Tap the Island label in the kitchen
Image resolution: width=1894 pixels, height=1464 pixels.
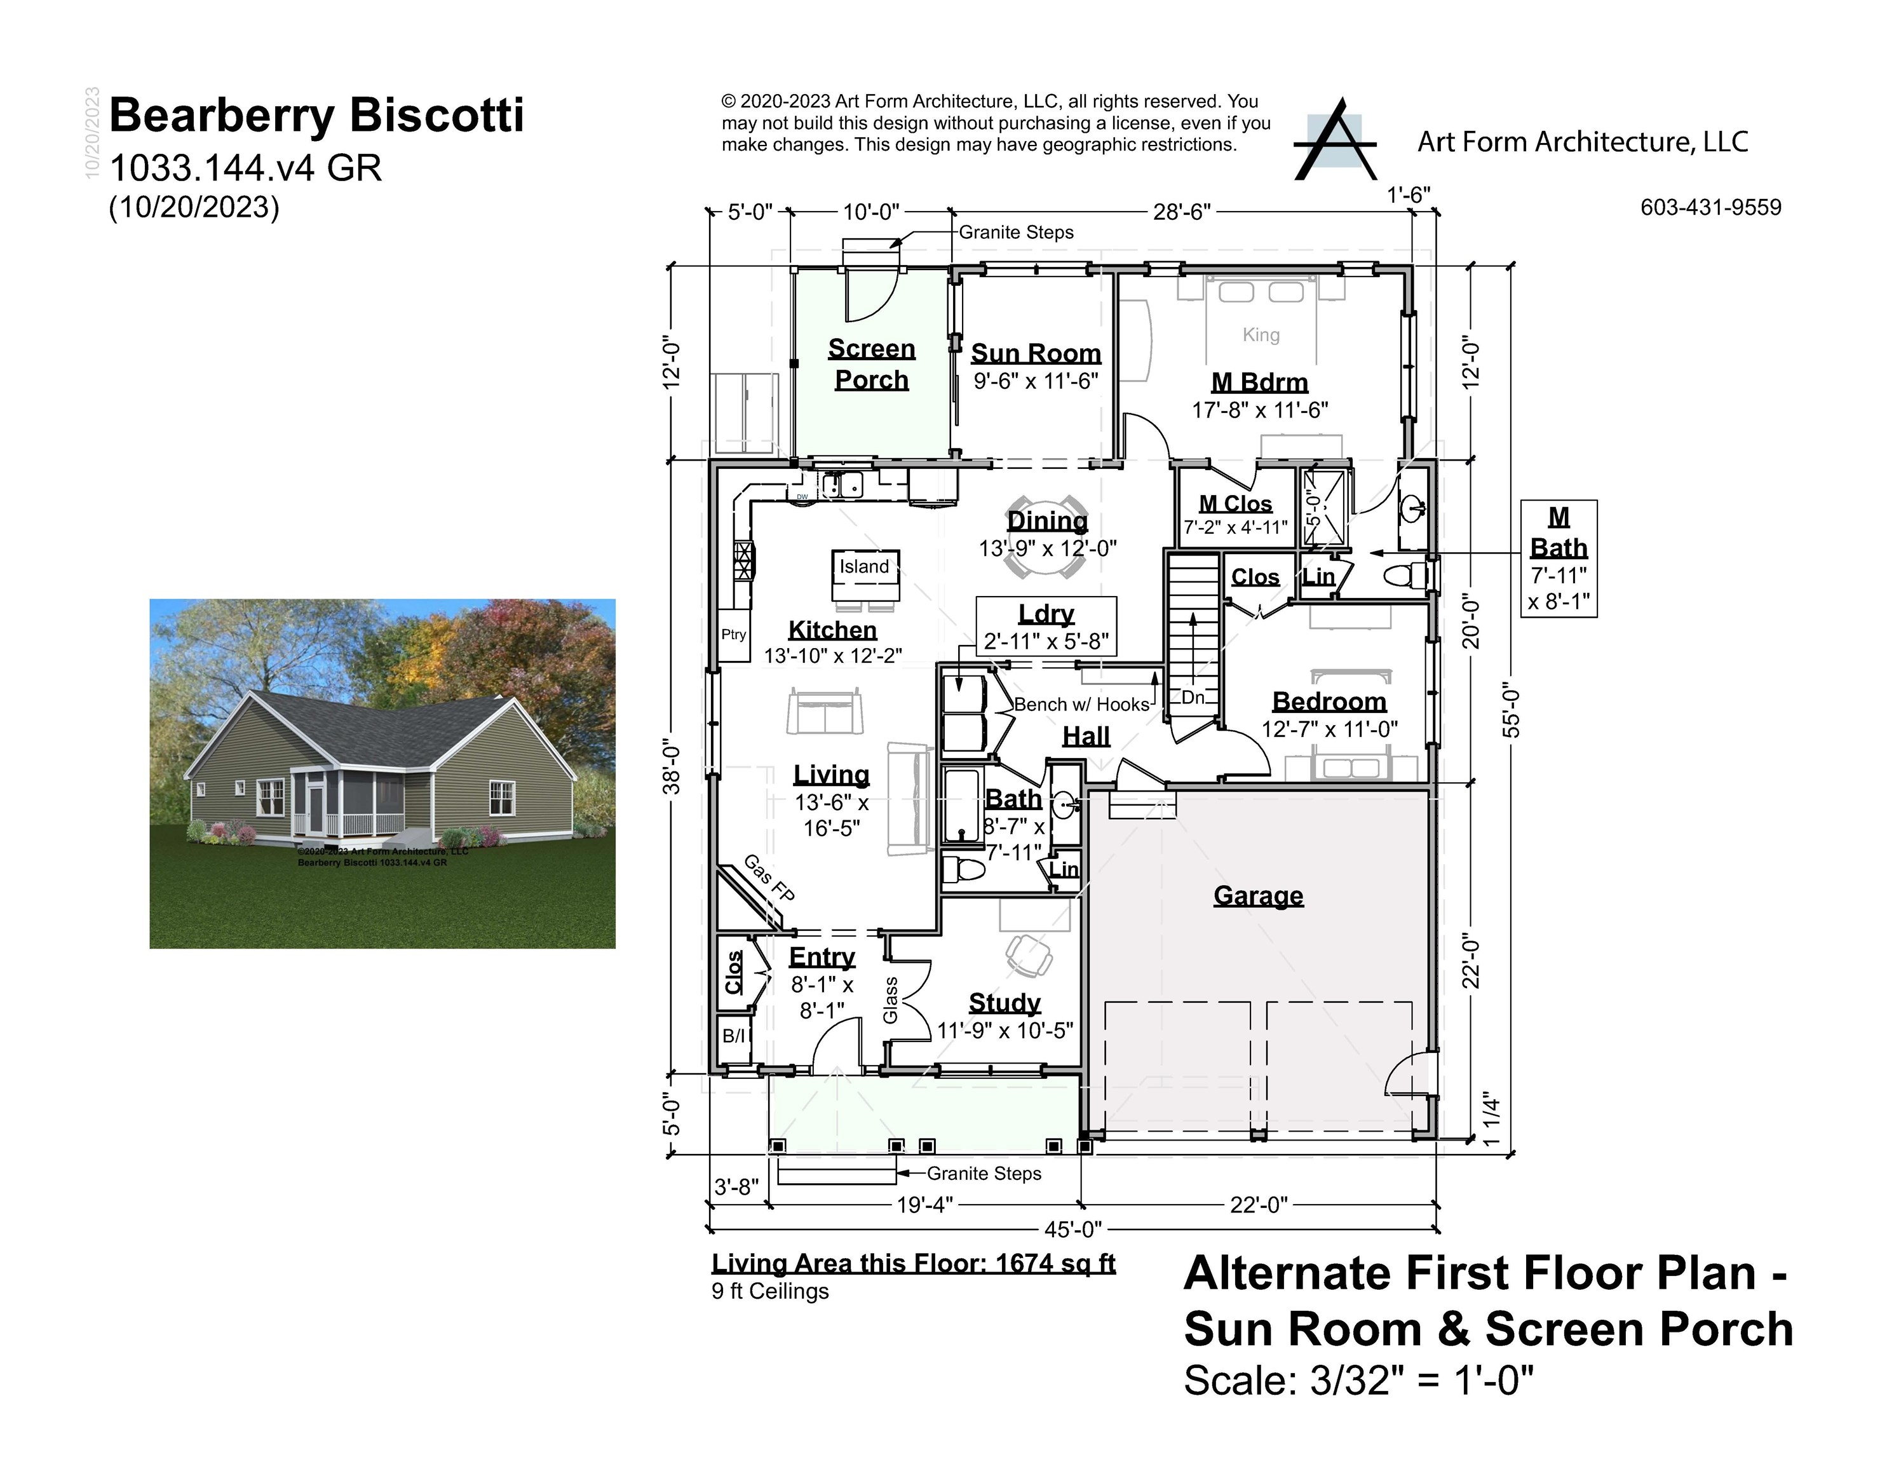click(x=863, y=566)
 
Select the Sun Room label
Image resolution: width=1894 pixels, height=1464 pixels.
click(x=1036, y=353)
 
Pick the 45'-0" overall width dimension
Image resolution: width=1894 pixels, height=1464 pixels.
click(x=1072, y=1229)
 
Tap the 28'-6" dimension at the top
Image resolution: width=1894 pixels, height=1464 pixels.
click(x=1181, y=212)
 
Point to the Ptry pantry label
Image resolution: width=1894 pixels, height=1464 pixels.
click(x=734, y=634)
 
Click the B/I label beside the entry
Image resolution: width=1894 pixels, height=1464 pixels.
click(x=734, y=1036)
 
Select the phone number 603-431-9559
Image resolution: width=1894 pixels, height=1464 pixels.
click(x=1710, y=207)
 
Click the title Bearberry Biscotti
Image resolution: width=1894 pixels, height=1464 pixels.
click(x=316, y=116)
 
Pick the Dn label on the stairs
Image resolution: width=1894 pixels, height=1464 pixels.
click(x=1193, y=697)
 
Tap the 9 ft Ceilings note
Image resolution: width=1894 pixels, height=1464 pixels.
click(x=770, y=1291)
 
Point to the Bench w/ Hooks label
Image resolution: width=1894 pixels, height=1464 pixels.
click(x=1081, y=704)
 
